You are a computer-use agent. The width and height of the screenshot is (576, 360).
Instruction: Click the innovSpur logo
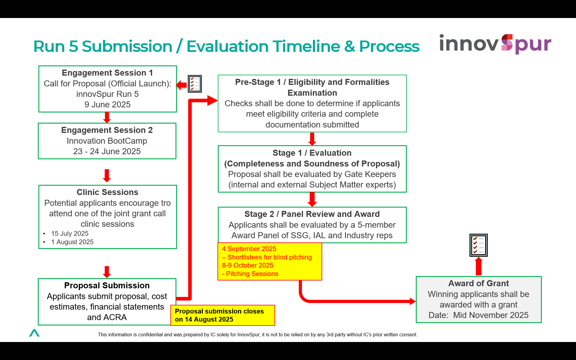pos(495,44)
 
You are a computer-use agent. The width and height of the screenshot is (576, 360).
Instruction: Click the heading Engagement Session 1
pos(107,73)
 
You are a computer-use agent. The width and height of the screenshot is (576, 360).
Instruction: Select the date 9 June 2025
pos(107,104)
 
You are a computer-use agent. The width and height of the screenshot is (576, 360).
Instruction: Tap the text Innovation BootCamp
pos(107,141)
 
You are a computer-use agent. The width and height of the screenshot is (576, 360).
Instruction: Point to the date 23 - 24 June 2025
pos(107,151)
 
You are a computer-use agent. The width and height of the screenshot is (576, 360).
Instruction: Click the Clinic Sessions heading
pos(107,192)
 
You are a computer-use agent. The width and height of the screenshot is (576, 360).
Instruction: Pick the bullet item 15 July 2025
pos(70,233)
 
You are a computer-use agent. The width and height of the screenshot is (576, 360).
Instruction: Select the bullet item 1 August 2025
pos(72,242)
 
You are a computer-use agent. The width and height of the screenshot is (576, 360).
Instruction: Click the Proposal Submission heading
pos(107,285)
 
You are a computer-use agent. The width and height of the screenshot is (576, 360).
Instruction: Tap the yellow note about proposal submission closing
pos(223,315)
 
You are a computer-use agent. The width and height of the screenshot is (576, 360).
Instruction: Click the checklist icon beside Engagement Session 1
pos(195,84)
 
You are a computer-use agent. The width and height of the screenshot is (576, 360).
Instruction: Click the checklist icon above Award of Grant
pos(478,245)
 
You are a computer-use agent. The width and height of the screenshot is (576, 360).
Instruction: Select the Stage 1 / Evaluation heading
pos(312,153)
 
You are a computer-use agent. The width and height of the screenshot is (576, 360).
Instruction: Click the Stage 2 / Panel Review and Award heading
pos(312,214)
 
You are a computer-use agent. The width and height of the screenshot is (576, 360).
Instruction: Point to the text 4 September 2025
pos(249,249)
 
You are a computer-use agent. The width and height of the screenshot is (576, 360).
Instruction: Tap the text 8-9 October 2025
pos(247,265)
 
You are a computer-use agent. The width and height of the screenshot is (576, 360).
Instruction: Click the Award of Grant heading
pos(478,283)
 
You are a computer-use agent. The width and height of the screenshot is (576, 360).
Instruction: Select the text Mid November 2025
pos(491,315)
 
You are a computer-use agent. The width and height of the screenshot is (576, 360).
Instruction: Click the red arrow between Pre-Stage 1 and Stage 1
pos(312,139)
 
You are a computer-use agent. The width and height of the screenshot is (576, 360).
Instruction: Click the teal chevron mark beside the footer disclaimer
pos(34,333)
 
